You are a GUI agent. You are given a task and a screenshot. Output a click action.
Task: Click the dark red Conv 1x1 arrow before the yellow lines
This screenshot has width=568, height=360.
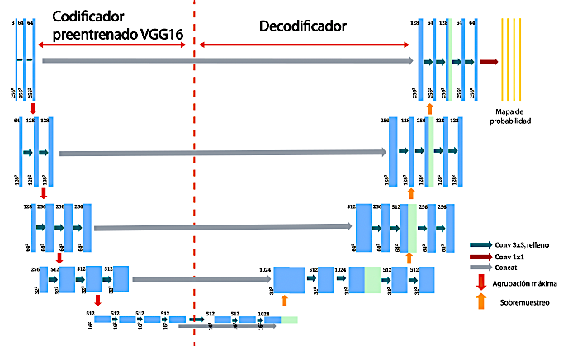click(x=488, y=62)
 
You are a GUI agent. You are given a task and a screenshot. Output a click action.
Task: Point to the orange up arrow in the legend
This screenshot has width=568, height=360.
click(x=480, y=303)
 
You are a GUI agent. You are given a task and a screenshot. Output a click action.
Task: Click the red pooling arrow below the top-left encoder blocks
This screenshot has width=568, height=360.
click(x=31, y=109)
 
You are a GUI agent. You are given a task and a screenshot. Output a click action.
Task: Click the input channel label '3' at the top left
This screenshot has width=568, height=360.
click(x=14, y=23)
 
